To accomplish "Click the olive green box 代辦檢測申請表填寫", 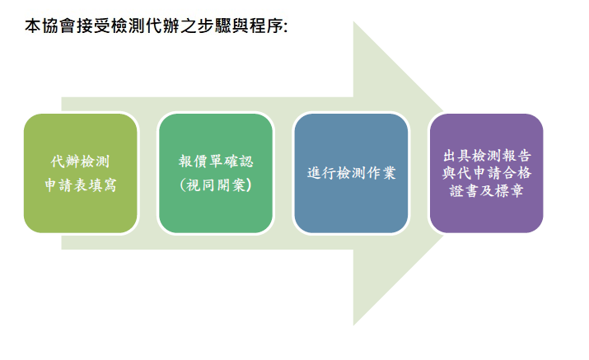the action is click(81, 173).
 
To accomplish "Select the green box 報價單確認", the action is click(216, 173).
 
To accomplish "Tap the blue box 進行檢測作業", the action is click(351, 173).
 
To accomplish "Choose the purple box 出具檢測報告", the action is click(487, 173).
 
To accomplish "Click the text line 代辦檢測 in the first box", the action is click(81, 161).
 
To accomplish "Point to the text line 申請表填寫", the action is click(81, 185).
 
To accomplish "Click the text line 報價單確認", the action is click(216, 161).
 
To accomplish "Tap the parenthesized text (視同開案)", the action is click(216, 185).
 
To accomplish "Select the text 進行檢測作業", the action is click(351, 173).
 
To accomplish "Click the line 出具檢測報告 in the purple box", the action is click(487, 155).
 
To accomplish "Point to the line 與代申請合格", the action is click(487, 173).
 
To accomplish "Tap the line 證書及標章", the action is click(487, 191).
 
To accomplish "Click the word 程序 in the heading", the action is click(266, 26).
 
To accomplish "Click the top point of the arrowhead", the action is click(353, 21).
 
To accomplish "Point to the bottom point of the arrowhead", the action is click(353, 325).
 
